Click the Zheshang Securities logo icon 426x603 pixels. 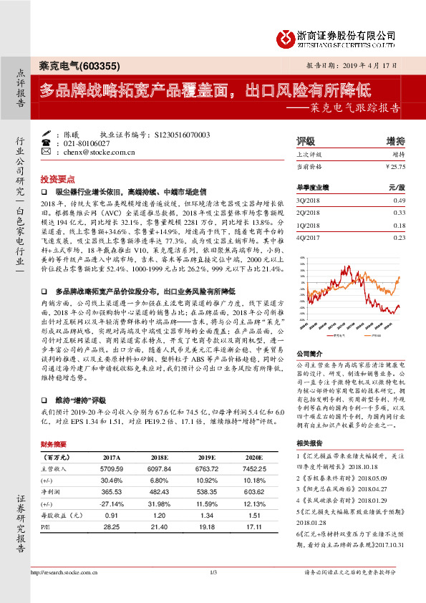click(x=284, y=37)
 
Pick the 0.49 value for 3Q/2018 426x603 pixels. click(x=399, y=200)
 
